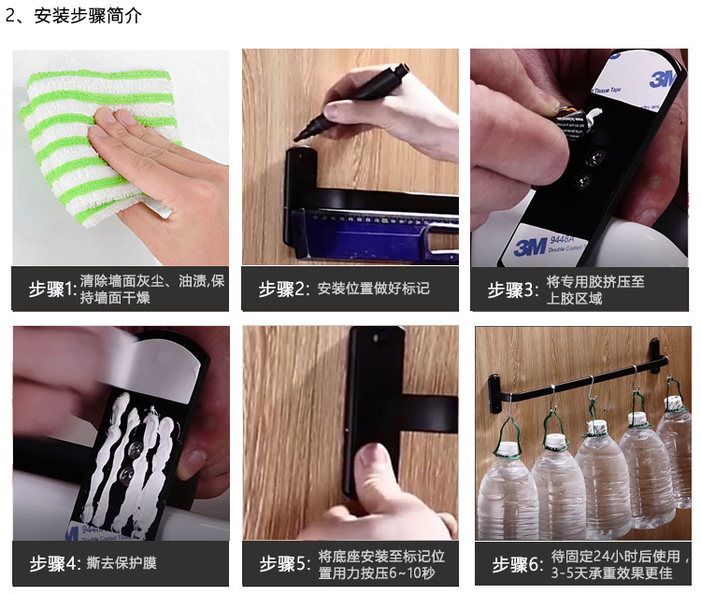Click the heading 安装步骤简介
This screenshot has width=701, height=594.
[88, 16]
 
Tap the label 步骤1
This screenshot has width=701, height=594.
[50, 290]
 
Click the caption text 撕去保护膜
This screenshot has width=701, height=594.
[122, 563]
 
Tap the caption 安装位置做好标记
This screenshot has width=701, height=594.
[374, 289]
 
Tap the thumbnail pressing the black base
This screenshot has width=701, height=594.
[350, 432]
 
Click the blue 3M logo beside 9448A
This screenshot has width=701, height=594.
[531, 247]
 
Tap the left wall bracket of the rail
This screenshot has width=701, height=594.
[495, 393]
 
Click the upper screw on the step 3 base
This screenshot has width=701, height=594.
[595, 157]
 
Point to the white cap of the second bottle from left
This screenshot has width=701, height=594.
[555, 440]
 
